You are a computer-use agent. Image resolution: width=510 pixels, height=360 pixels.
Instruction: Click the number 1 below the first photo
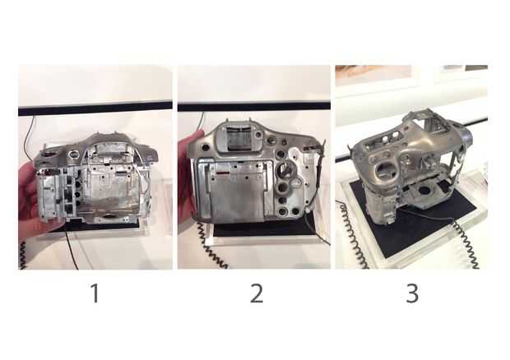click(95, 293)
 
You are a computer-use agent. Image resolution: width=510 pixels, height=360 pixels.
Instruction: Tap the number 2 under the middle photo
click(257, 293)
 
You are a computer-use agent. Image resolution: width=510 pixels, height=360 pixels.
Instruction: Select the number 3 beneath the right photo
click(412, 293)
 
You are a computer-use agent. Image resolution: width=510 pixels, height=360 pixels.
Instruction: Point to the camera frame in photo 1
click(96, 178)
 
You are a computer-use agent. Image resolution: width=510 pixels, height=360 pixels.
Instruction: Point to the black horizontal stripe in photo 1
click(95, 108)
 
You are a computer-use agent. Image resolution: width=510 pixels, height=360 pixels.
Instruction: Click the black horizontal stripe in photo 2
click(254, 106)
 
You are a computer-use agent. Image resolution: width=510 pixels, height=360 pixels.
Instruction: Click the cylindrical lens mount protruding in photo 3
click(466, 136)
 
